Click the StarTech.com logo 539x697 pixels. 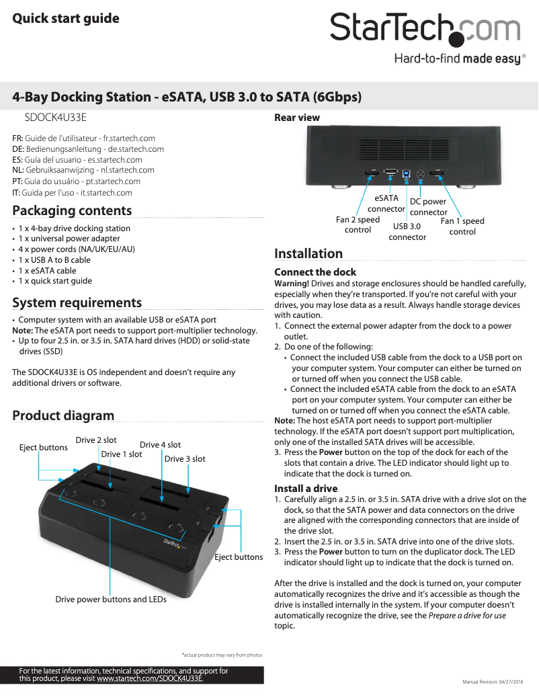tap(425, 30)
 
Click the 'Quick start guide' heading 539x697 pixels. tap(66, 18)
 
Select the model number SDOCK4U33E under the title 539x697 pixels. tap(56, 118)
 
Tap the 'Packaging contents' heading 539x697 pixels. tap(72, 210)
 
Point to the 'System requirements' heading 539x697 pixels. tap(77, 302)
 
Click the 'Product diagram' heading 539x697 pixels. tap(63, 415)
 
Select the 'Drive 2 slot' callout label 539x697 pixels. tap(96, 440)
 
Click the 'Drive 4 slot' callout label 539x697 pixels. tap(160, 445)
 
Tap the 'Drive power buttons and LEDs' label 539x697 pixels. tap(111, 599)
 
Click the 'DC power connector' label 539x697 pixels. tap(428, 207)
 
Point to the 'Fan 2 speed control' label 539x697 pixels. tap(358, 224)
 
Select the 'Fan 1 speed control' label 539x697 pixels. tap(462, 226)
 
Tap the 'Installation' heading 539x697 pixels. tap(308, 253)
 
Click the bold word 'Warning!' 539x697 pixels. tap(292, 283)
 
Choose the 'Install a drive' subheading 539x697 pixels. tap(306, 488)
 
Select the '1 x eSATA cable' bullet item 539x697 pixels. tap(47, 270)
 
